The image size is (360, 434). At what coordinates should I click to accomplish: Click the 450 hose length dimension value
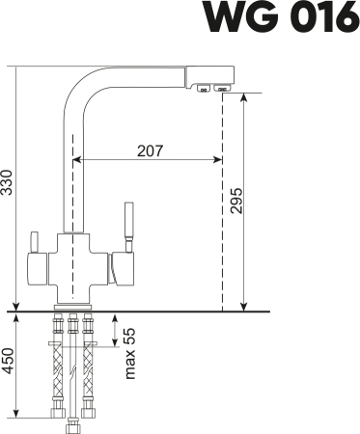coord(9,370)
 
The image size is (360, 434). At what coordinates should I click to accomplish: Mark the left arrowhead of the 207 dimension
coord(78,160)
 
